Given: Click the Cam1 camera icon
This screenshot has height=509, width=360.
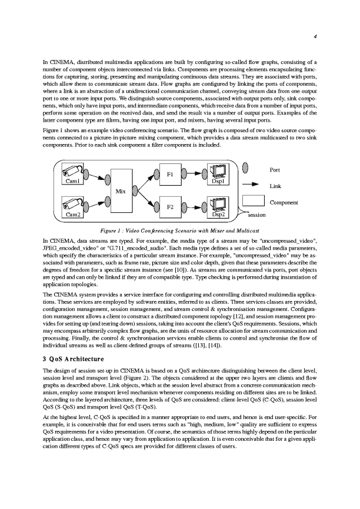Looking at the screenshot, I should pyautogui.click(x=74, y=170).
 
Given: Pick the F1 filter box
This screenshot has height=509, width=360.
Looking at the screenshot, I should pyautogui.click(x=170, y=174).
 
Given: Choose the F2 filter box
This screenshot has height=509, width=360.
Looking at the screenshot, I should pyautogui.click(x=170, y=207).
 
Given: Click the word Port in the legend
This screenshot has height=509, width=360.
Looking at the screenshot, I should pyautogui.click(x=275, y=170).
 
